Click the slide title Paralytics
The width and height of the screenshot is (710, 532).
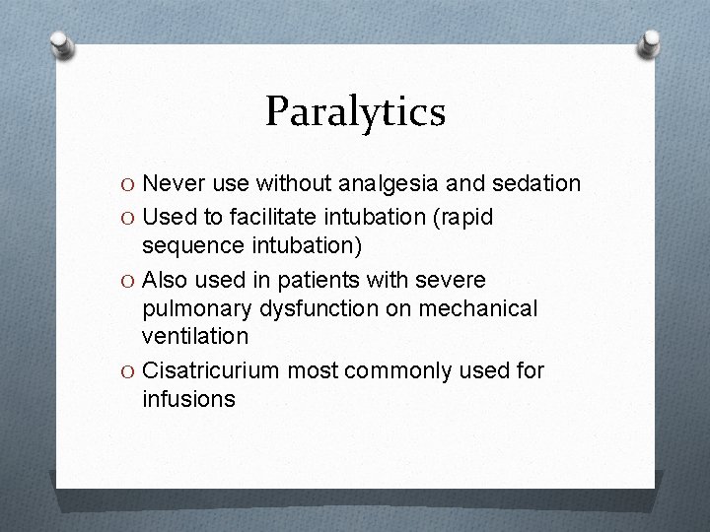[x=355, y=111]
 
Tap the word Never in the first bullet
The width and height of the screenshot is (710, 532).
[x=170, y=184]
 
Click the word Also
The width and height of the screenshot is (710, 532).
[x=165, y=279]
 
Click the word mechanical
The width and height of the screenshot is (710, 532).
[x=477, y=309]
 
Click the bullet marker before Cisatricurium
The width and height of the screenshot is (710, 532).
[x=131, y=372]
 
